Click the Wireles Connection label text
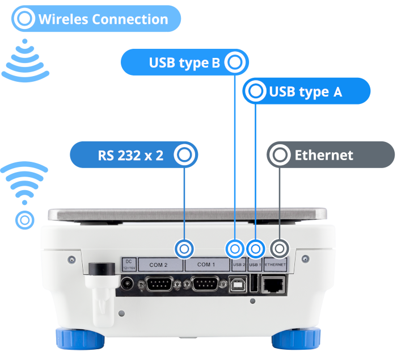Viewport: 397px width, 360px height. click(103, 19)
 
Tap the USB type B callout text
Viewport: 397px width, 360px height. click(184, 62)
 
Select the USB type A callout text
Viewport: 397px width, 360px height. click(305, 91)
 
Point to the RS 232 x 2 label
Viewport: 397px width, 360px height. click(130, 154)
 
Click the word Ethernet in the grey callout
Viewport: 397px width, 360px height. click(324, 155)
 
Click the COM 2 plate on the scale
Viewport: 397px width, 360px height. click(158, 265)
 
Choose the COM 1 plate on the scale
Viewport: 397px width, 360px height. click(206, 265)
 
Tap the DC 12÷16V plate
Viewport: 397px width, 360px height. click(128, 264)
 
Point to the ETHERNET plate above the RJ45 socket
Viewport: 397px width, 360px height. click(276, 265)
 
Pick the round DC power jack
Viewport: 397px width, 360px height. click(128, 283)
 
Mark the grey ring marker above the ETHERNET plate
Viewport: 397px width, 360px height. click(278, 249)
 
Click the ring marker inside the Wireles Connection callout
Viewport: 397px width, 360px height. click(24, 19)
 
